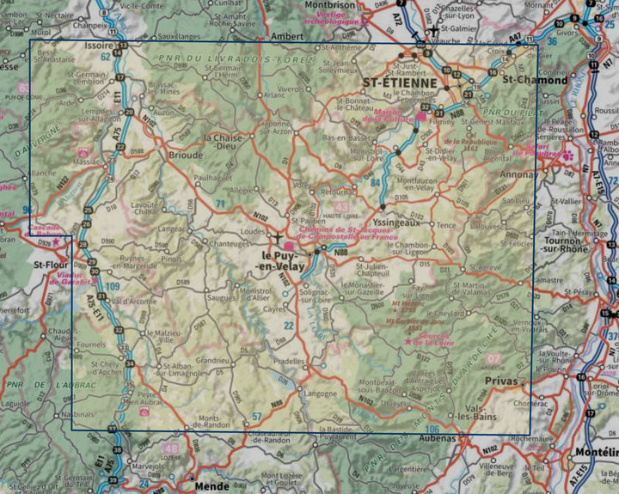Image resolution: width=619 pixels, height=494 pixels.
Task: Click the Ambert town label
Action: [287, 37]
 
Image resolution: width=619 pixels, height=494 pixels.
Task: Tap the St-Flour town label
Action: [50, 265]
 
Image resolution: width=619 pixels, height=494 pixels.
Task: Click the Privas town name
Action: [501, 380]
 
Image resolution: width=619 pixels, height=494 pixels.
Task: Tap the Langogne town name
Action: [321, 394]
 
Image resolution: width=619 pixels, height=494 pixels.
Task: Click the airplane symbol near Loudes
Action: [277, 235]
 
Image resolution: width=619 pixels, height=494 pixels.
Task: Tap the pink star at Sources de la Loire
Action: [408, 341]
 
